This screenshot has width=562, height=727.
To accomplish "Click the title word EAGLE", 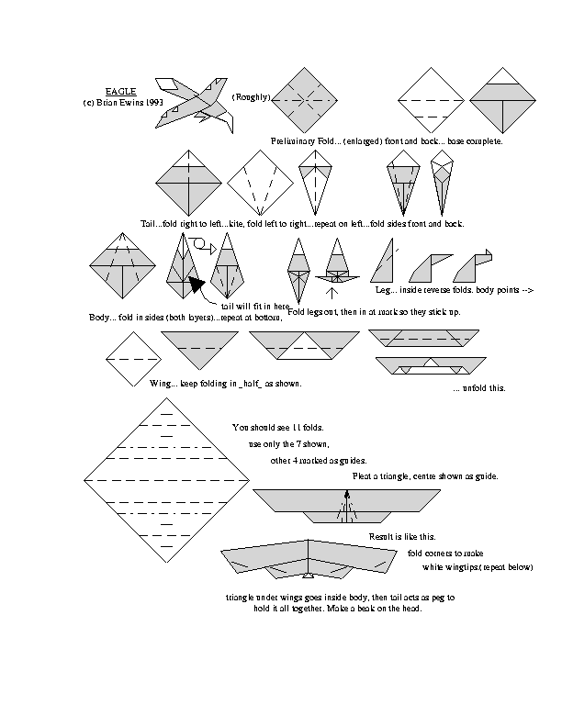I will [x=120, y=91].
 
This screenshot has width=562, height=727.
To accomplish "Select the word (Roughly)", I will [x=251, y=97].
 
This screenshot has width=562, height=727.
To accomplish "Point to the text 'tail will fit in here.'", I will [x=255, y=305].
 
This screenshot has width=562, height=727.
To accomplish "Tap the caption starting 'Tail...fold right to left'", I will [x=303, y=223].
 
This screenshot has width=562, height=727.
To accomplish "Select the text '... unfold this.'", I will [x=478, y=387].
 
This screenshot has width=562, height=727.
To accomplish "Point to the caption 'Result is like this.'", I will [x=402, y=536].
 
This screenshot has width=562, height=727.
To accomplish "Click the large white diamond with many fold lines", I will [x=168, y=479].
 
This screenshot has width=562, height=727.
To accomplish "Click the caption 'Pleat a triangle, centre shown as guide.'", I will [x=425, y=476].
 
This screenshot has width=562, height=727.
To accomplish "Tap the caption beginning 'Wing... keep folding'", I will [x=226, y=383].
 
